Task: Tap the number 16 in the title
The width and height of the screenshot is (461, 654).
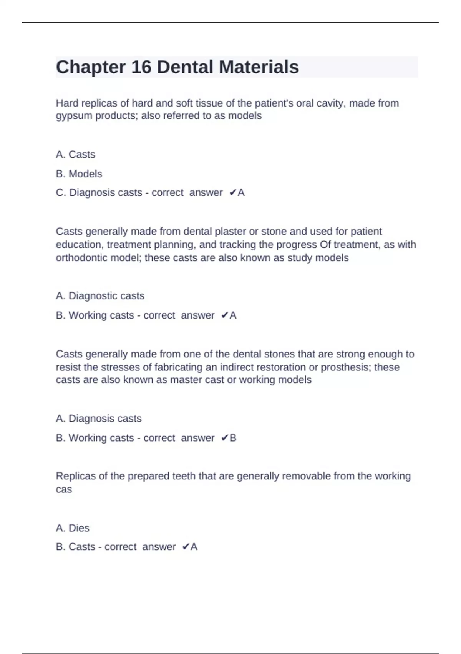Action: click(141, 67)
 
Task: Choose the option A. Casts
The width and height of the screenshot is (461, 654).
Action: click(75, 155)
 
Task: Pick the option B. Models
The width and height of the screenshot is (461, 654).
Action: click(79, 174)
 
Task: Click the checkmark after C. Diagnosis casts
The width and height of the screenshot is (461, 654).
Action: click(232, 193)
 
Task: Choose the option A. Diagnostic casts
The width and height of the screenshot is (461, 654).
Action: click(100, 296)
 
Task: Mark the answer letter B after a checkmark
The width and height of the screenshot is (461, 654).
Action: click(233, 438)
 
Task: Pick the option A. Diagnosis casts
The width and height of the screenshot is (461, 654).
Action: click(98, 419)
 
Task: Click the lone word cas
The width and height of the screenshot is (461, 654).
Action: click(64, 489)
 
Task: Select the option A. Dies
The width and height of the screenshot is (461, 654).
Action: click(72, 528)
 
